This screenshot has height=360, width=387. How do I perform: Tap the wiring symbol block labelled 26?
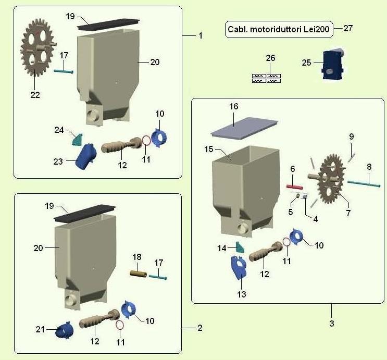pyautogui.click(x=266, y=78)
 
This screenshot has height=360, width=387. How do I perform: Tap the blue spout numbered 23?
pyautogui.click(x=85, y=156)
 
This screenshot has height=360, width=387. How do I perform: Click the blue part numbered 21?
pyautogui.click(x=65, y=330)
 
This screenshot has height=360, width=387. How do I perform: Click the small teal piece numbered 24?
pyautogui.click(x=77, y=139)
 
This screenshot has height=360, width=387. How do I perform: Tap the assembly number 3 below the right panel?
pyautogui.click(x=331, y=324)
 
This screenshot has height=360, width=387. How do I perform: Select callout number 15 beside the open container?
pyautogui.click(x=208, y=150)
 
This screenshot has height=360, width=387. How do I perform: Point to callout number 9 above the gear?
pyautogui.click(x=352, y=136)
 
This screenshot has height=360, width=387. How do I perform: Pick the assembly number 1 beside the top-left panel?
pyautogui.click(x=200, y=35)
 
